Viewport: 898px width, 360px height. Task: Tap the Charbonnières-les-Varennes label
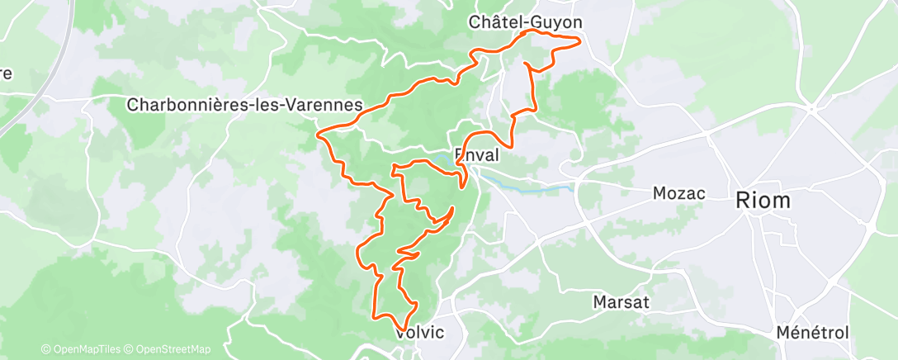245,106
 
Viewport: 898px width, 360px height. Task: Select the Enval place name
476,154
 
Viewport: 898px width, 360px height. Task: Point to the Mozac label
678,193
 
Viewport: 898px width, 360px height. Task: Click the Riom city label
763,200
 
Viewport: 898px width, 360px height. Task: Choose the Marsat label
621,302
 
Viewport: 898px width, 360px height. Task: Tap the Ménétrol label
812,333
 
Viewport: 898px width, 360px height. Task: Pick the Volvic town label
420,333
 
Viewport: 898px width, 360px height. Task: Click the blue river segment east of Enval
528,187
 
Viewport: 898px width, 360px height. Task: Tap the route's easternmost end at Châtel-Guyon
579,40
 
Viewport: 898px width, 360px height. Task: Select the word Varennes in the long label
328,106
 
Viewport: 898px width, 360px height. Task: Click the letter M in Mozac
658,193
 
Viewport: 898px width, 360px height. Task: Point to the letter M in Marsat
600,302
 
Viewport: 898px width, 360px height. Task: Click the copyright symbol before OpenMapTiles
45,349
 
